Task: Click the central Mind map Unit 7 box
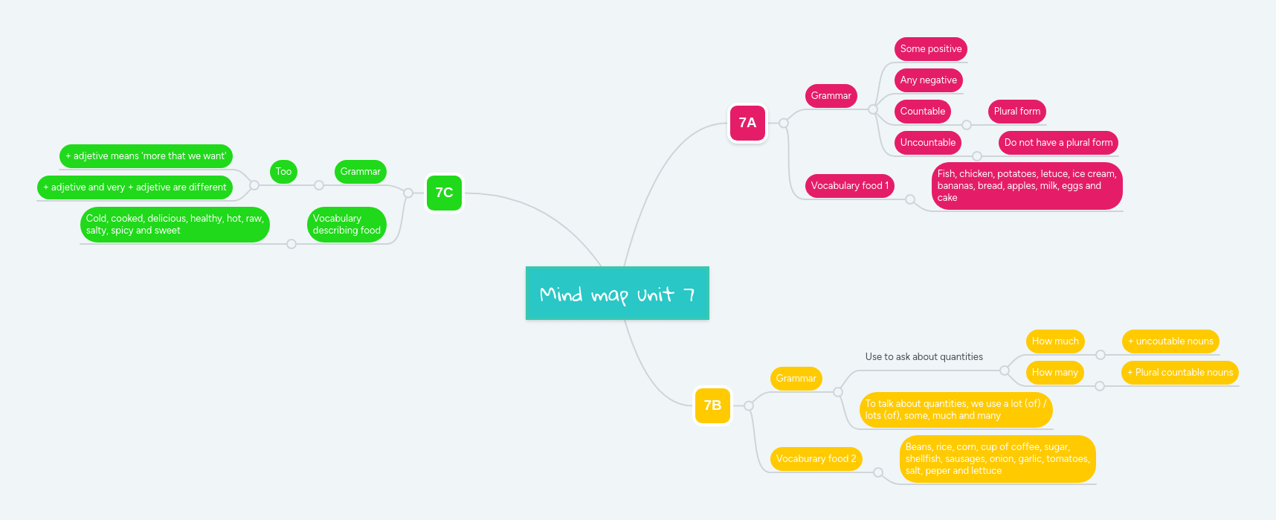[617, 293]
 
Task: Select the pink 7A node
[747, 123]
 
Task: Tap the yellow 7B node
[712, 405]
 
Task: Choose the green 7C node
[444, 193]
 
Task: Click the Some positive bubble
[930, 49]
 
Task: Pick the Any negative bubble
[928, 80]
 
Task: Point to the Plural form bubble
[1016, 112]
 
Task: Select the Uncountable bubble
[927, 143]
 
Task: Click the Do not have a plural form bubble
[1057, 143]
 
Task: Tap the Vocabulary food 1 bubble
[849, 186]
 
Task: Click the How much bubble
[1054, 341]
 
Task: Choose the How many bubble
[1054, 373]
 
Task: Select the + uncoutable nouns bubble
[1170, 341]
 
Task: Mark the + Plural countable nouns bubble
[1179, 373]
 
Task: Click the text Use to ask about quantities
[924, 357]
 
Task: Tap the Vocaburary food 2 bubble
[816, 459]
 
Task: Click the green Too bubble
[283, 172]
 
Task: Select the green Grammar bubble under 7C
[360, 172]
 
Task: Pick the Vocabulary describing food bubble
[347, 225]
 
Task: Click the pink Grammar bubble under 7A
[831, 96]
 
